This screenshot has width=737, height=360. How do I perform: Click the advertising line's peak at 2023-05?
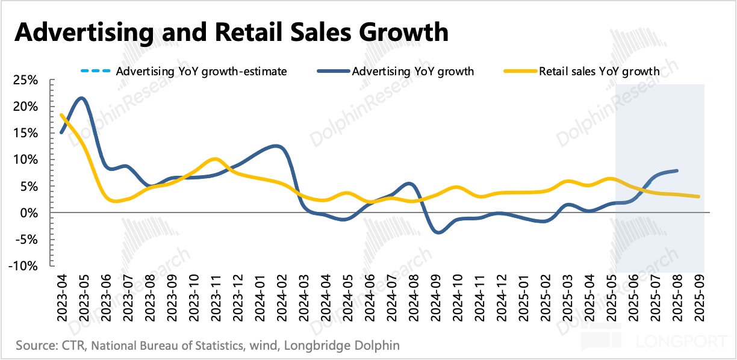point(82,98)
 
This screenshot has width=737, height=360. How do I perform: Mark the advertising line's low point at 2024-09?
point(438,232)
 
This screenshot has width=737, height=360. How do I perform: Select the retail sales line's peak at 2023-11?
point(215,159)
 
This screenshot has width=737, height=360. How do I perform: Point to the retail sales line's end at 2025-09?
point(698,196)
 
